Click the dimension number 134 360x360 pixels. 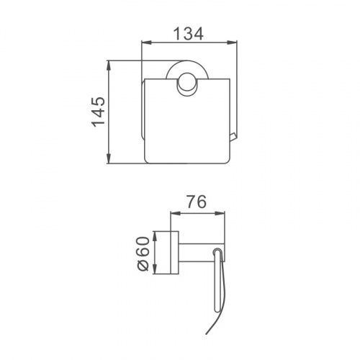[189, 34]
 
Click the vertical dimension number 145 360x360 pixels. [98, 112]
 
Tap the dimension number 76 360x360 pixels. [197, 202]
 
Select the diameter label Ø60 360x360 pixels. [143, 253]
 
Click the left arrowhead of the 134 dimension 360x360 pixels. [147, 42]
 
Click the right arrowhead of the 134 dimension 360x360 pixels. [232, 42]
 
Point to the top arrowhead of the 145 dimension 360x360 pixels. [109, 66]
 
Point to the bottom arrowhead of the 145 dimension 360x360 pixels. [109, 158]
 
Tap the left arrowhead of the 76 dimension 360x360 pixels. [175, 213]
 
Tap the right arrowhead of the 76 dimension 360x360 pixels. [220, 213]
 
